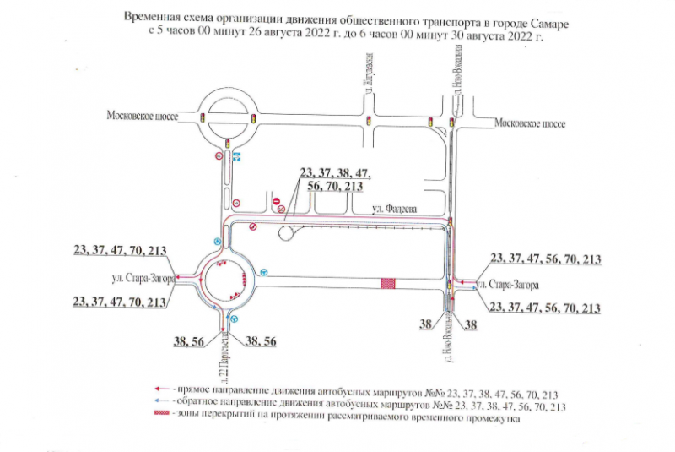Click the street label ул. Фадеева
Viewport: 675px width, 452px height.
click(397, 209)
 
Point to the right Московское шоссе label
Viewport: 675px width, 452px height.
click(530, 123)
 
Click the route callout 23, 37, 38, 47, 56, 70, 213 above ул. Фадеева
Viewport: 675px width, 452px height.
click(335, 180)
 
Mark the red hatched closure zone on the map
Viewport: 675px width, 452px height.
click(390, 285)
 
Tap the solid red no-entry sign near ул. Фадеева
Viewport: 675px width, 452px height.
click(277, 199)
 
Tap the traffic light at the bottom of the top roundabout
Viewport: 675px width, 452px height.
click(229, 143)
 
